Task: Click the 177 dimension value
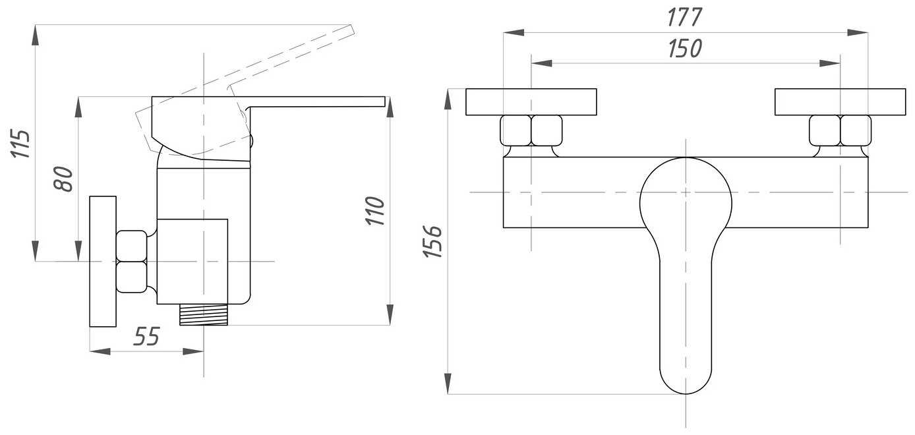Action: pyautogui.click(x=685, y=18)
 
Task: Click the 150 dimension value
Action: pyautogui.click(x=685, y=48)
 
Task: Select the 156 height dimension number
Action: pyautogui.click(x=433, y=241)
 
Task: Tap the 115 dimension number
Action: pyautogui.click(x=20, y=144)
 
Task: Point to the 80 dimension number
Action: pyautogui.click(x=63, y=179)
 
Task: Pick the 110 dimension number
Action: pyautogui.click(x=375, y=211)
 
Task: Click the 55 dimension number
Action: pyautogui.click(x=146, y=336)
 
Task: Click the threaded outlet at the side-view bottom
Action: pyautogui.click(x=204, y=314)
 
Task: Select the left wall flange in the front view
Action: pyautogui.click(x=531, y=101)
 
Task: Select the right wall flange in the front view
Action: pyautogui.click(x=841, y=101)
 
